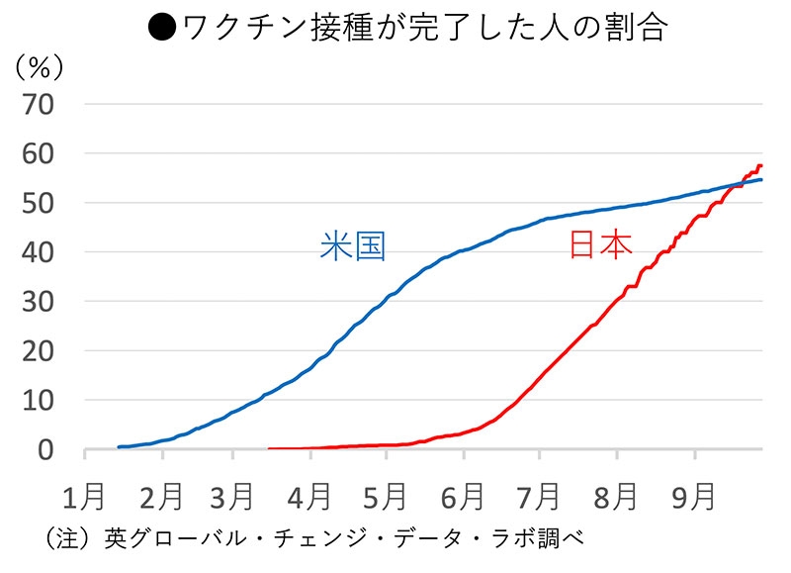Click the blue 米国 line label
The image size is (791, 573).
pos(352,245)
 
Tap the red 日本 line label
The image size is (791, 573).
pos(600,245)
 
